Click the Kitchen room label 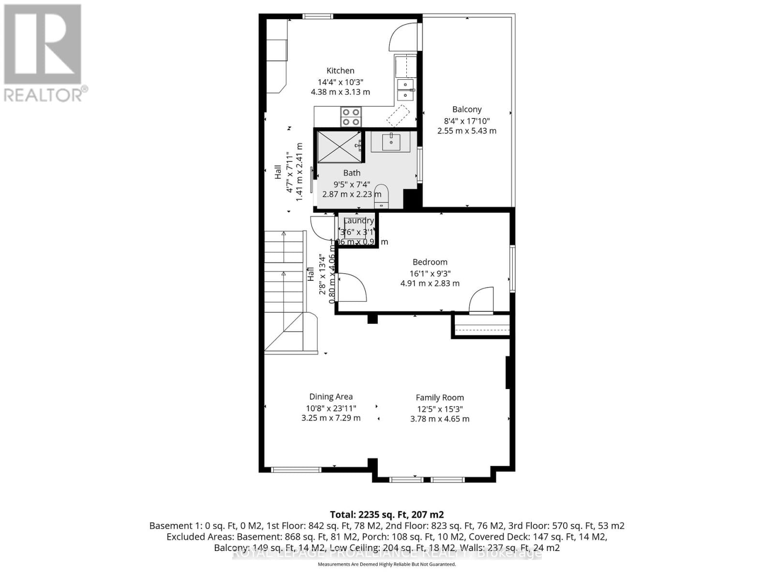tap(340, 71)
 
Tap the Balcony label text tap(467, 109)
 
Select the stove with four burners tap(351, 116)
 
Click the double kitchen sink tap(405, 90)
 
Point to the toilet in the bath tap(382, 194)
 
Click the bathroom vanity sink tap(391, 142)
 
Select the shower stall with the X tap(339, 147)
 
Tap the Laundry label tap(358, 221)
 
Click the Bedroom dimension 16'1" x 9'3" tap(430, 273)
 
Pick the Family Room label tap(440, 398)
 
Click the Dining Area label tap(331, 397)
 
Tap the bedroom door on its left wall tap(351, 288)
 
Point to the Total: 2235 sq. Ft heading tap(387, 514)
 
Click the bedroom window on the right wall tap(512, 268)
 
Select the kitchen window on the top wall tap(318, 16)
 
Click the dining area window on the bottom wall tap(296, 469)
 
